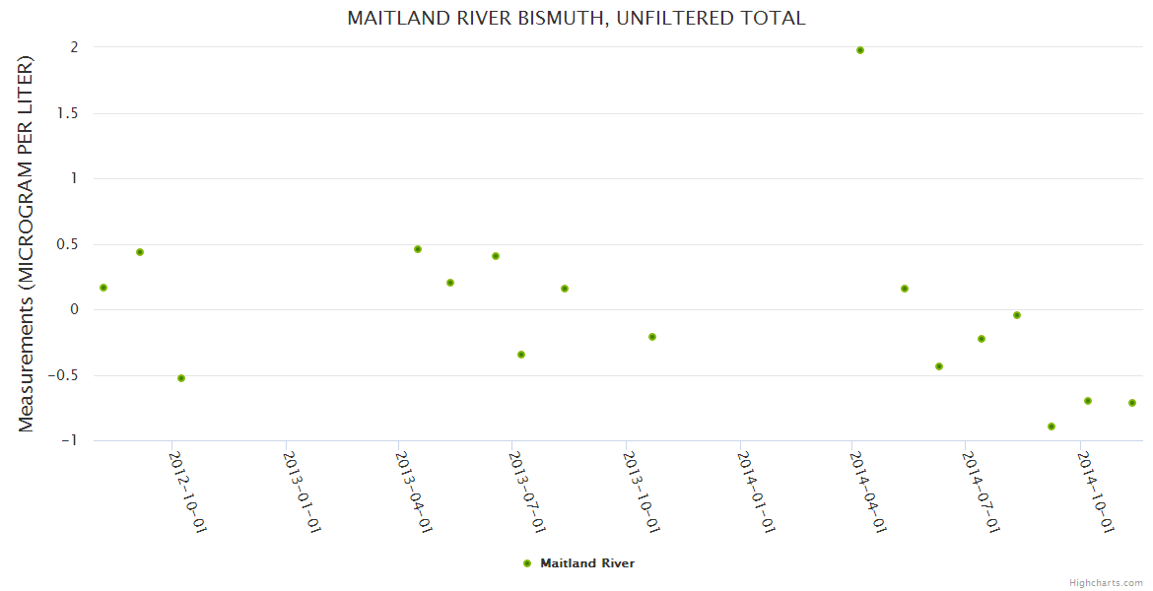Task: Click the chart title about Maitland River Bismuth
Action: (576, 19)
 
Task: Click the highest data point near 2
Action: (860, 50)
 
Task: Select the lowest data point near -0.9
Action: (1051, 427)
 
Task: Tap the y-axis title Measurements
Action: (27, 243)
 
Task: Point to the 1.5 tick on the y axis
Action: (67, 113)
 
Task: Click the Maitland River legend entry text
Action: (587, 563)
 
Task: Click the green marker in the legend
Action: (527, 563)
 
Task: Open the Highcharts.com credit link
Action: (1106, 582)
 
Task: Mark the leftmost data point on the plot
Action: (103, 288)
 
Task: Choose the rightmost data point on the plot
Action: (1132, 403)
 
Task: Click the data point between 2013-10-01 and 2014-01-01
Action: (652, 337)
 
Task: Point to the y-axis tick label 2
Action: (73, 47)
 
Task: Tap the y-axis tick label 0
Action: (73, 310)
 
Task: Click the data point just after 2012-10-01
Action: (181, 378)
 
